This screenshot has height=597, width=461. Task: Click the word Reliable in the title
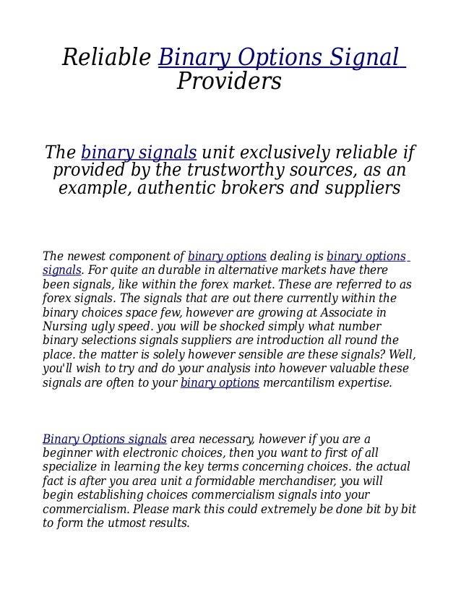tap(106, 57)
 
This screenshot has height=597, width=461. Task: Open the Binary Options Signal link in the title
tap(280, 57)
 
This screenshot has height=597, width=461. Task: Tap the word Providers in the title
tap(229, 82)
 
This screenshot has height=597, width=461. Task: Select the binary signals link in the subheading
tap(139, 153)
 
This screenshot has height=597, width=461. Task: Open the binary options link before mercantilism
tap(220, 382)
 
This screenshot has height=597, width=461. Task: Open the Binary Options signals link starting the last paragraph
tap(105, 439)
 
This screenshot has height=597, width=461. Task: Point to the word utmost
tap(128, 523)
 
